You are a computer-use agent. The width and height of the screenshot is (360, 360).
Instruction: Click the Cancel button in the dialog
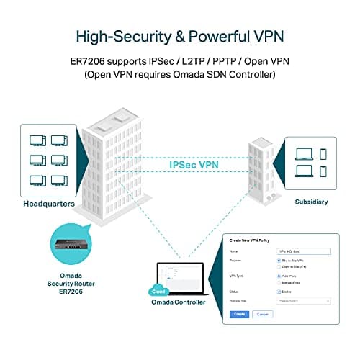[262, 315]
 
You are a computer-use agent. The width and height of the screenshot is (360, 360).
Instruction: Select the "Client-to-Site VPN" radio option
[278, 267]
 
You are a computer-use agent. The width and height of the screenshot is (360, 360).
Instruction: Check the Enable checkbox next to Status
[278, 291]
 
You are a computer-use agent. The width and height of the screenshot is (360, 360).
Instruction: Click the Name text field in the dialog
[302, 251]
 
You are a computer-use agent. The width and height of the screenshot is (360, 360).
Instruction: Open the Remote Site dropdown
[302, 300]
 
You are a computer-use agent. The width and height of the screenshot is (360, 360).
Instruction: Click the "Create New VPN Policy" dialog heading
[254, 239]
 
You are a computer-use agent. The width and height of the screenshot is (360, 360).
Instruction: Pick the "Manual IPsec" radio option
[278, 283]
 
